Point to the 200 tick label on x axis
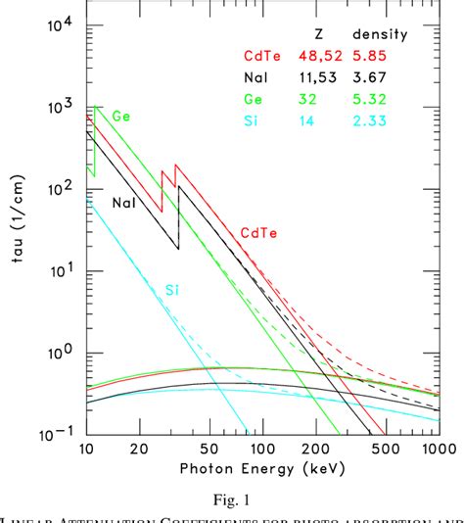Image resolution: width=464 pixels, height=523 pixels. (x=317, y=449)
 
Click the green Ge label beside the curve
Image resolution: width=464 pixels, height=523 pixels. (x=122, y=116)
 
